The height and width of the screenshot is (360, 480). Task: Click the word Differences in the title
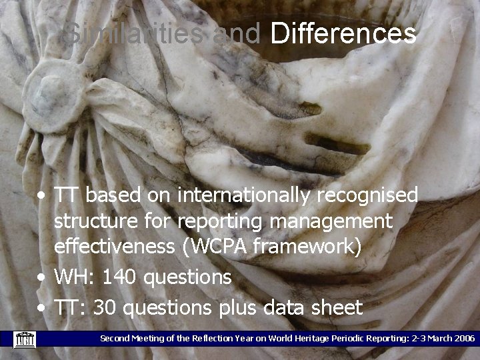343,33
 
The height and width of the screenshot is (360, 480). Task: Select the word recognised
365,195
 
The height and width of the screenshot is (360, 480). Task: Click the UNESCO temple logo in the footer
24,339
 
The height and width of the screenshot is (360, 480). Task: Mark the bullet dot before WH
42,277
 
